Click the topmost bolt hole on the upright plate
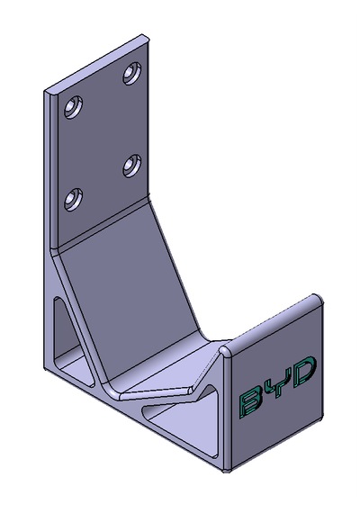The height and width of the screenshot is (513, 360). click(132, 73)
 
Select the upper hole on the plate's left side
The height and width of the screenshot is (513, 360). click(73, 107)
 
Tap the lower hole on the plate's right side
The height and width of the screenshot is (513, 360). click(132, 166)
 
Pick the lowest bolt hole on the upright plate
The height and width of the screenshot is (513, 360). click(73, 199)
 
